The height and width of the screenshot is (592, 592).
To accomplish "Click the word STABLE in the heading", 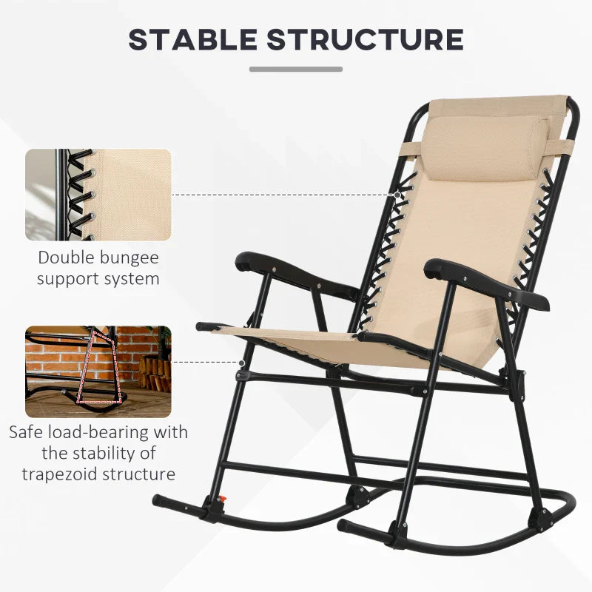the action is (x=193, y=40).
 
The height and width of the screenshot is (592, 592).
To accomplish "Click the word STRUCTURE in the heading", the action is (x=366, y=40).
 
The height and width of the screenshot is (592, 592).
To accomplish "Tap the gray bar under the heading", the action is (x=296, y=69).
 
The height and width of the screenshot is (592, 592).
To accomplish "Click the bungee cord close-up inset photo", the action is (x=98, y=195).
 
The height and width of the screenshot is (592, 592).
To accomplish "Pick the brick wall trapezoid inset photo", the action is (x=98, y=371).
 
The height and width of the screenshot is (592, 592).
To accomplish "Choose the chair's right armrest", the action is (x=486, y=283).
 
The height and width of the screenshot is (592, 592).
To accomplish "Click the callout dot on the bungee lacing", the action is (x=397, y=195).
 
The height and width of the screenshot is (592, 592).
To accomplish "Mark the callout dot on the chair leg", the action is (x=242, y=363).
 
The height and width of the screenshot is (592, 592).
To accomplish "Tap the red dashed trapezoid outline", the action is (x=99, y=367).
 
